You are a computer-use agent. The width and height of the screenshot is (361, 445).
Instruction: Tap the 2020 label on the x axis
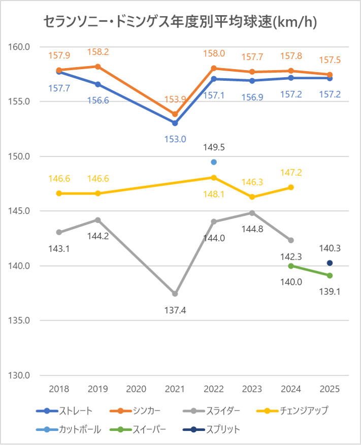coord(136,389)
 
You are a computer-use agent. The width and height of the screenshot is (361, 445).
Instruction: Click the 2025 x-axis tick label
coord(330,389)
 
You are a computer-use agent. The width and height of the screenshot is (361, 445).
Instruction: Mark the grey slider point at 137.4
coord(175,294)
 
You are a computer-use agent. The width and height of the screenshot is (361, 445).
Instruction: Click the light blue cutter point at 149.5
coord(214,162)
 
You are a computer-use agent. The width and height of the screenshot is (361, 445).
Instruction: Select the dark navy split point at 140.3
coord(330,263)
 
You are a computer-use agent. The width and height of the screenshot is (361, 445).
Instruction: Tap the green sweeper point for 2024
coord(291,266)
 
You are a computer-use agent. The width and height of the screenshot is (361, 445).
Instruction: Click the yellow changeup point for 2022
coord(214,177)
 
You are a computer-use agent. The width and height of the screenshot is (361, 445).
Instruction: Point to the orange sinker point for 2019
coord(98,67)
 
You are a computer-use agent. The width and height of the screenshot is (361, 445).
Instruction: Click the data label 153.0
coord(175,139)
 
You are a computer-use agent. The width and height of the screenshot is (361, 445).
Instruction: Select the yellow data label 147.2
coord(291,173)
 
